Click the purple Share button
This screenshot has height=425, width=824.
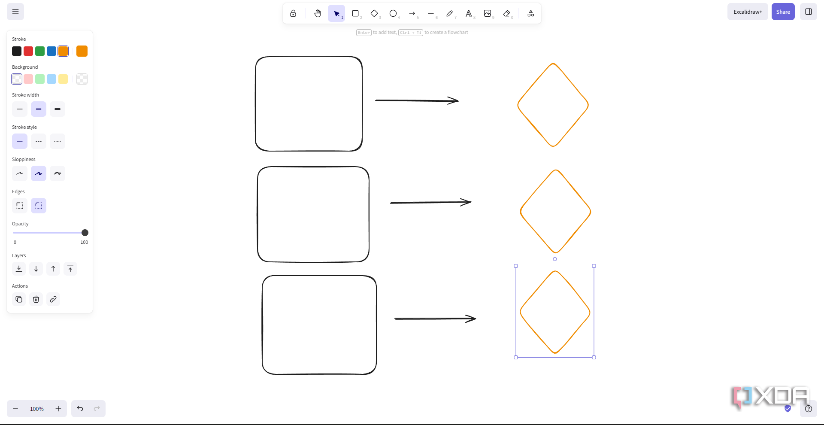[x=783, y=12]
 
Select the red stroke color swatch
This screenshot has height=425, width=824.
[x=28, y=51]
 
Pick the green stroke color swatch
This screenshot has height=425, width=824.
[x=40, y=51]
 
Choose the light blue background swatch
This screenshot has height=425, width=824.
[x=51, y=79]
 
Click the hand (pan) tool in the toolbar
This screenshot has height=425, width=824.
[x=318, y=13]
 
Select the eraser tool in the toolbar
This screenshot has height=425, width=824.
[x=507, y=13]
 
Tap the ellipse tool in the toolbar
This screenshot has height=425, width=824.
[x=393, y=13]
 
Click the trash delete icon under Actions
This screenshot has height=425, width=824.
[x=36, y=299]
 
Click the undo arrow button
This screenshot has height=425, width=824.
[x=80, y=409]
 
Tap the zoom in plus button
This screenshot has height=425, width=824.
[x=58, y=409]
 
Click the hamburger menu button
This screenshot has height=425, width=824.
[x=15, y=12]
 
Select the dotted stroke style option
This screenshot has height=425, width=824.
[x=58, y=141]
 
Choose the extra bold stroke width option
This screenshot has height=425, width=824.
[x=58, y=109]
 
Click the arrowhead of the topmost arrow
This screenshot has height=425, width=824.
[x=458, y=101]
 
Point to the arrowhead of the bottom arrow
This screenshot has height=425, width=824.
[x=476, y=319]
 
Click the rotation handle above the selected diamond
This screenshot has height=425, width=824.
[x=555, y=259]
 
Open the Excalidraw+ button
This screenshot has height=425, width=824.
[x=748, y=12]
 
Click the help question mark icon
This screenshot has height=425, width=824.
[x=809, y=409]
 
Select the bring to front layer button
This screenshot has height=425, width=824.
[x=70, y=269]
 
